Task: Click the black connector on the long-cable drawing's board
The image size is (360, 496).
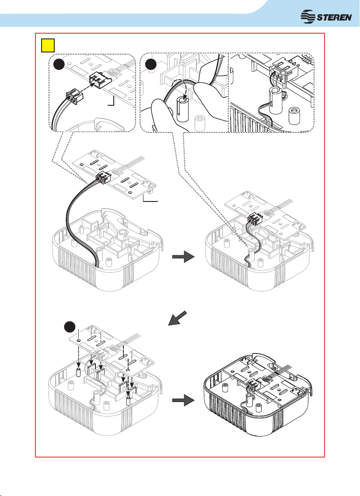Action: [103, 178]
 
